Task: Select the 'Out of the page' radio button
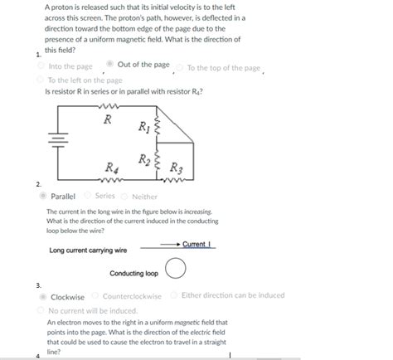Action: (x=110, y=65)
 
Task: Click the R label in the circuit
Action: (x=107, y=119)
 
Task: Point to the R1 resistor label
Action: (x=145, y=127)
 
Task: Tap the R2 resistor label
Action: (x=144, y=158)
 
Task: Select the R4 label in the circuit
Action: (x=110, y=168)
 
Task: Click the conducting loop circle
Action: (x=175, y=270)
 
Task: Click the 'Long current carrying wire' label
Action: (x=88, y=250)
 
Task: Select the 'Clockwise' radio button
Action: (x=43, y=296)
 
